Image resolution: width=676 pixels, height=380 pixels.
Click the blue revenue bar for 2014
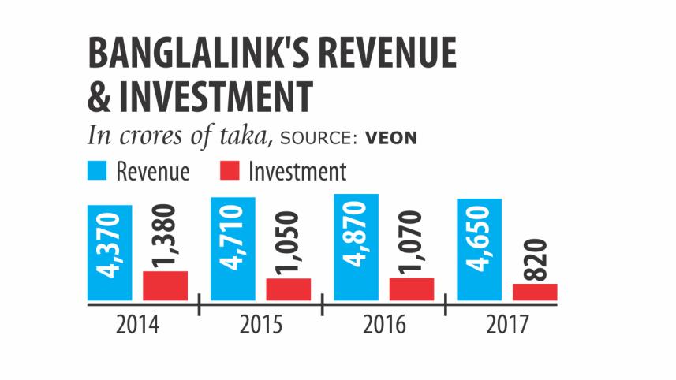pyautogui.click(x=110, y=252)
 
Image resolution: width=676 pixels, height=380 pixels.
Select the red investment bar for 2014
pyautogui.click(x=165, y=285)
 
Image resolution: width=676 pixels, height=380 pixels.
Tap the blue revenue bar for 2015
pyautogui.click(x=233, y=248)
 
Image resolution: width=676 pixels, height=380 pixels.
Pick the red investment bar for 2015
pyautogui.click(x=288, y=289)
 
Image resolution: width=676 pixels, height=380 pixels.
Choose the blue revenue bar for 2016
pyautogui.click(x=357, y=247)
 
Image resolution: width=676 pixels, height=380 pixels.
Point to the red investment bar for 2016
pyautogui.click(x=412, y=289)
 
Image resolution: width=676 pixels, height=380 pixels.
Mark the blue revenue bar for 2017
pyautogui.click(x=480, y=249)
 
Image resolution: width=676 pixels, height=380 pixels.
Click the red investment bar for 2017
pyautogui.click(x=535, y=292)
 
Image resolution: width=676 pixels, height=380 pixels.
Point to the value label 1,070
pyautogui.click(x=412, y=240)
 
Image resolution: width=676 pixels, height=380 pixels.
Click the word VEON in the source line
pyautogui.click(x=390, y=139)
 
